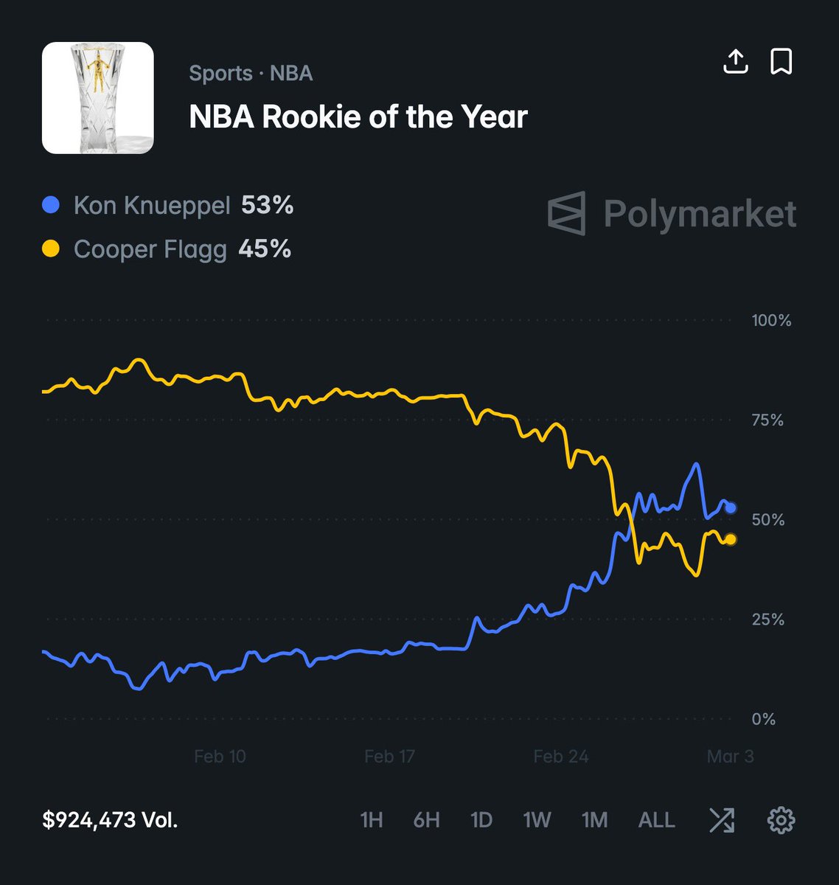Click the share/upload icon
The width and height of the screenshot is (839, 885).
coord(735,62)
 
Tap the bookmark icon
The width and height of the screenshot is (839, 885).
coord(781,62)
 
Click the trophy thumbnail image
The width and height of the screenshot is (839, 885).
coord(98,98)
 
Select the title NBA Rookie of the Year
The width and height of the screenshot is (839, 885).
coord(358,117)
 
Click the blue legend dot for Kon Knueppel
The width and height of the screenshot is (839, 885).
coord(51,205)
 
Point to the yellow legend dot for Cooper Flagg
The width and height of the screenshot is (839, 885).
coord(51,249)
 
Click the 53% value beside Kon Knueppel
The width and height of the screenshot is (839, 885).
coord(267,205)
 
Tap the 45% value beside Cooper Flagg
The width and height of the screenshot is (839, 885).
coord(264,249)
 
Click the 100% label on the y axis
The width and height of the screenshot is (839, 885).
coord(771,321)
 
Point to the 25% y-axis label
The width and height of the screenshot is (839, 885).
coord(767,619)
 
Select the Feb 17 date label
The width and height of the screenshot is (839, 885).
coord(389,757)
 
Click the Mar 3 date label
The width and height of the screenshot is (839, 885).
coord(730,757)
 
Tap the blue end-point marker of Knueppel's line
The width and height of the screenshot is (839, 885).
coord(731,508)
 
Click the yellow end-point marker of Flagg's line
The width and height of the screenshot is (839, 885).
coord(731,540)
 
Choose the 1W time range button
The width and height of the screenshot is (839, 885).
coord(537,820)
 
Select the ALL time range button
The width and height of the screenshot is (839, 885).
coord(656,820)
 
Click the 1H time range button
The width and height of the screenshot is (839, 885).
coord(371,820)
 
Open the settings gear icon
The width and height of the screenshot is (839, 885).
coord(781,820)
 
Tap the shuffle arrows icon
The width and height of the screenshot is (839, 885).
coord(721,820)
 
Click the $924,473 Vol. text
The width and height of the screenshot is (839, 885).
coord(110,820)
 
